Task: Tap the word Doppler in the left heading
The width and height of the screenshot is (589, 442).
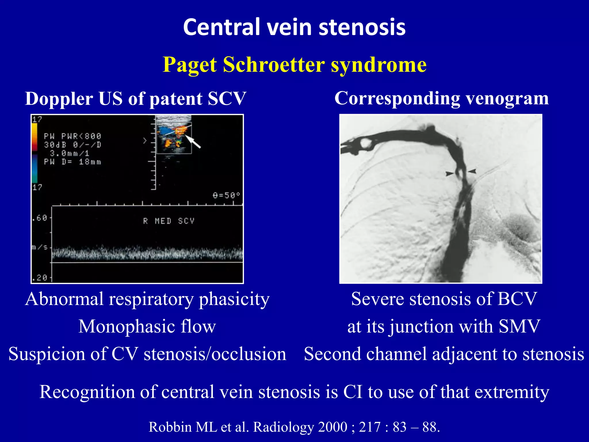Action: pyautogui.click(x=59, y=99)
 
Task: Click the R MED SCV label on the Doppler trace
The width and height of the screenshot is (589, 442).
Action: pyautogui.click(x=169, y=221)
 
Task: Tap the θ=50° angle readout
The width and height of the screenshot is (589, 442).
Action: pyautogui.click(x=226, y=195)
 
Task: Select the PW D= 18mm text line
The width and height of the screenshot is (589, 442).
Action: pyautogui.click(x=72, y=162)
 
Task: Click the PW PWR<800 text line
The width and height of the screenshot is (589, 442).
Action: pyautogui.click(x=72, y=136)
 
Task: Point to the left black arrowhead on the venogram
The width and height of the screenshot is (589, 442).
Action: pyautogui.click(x=450, y=174)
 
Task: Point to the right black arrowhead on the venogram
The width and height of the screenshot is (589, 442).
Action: pyautogui.click(x=472, y=171)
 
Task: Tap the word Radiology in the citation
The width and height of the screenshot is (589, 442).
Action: pyautogui.click(x=283, y=427)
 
